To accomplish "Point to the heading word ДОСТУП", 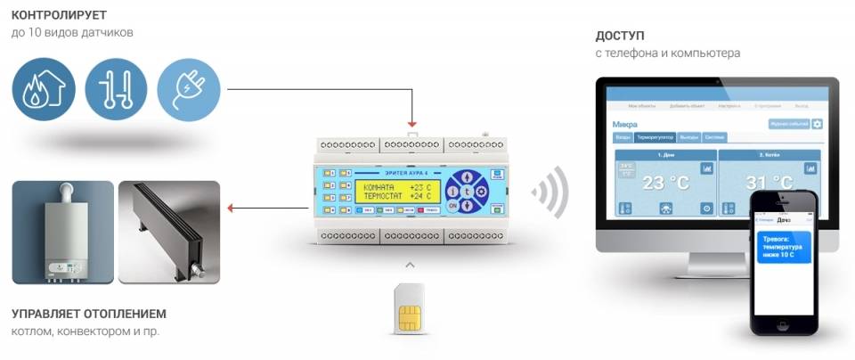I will click(x=620, y=36).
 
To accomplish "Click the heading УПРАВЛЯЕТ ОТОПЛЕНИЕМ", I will click(x=89, y=314).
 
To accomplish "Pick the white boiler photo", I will click(x=63, y=232).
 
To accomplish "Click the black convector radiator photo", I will click(x=169, y=232).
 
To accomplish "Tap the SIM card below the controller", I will click(x=410, y=308).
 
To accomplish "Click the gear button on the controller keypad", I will click(x=482, y=191).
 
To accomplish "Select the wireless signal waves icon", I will click(x=550, y=191).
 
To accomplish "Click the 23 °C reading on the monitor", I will click(x=654, y=184).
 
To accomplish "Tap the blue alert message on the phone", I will click(x=783, y=246).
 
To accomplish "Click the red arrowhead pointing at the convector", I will click(x=231, y=209).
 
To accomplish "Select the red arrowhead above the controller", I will click(x=411, y=124).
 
